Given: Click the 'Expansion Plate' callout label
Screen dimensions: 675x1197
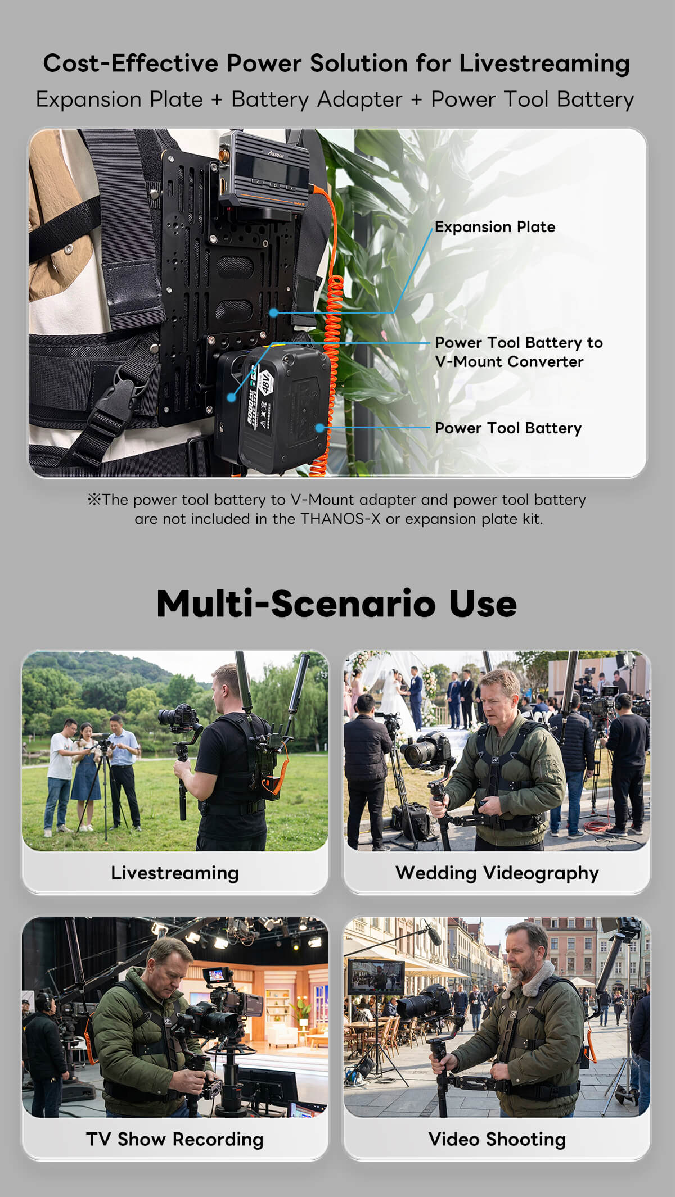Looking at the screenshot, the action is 495,227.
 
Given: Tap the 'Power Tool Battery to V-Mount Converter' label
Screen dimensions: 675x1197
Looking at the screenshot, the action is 519,352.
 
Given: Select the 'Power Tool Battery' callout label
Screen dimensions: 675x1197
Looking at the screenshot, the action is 508,428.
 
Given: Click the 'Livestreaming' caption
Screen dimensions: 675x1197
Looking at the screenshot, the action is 175,873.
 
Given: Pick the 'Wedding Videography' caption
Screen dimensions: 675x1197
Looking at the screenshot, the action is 497,873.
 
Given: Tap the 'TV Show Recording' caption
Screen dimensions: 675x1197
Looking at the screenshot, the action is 175,1139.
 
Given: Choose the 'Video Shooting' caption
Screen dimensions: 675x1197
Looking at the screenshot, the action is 497,1139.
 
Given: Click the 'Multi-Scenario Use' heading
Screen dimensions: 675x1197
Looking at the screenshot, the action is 336,604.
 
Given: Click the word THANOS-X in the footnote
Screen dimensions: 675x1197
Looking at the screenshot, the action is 340,519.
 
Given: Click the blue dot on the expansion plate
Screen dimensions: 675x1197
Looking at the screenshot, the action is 273,312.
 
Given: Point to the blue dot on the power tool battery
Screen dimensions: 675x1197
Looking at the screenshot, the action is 319,428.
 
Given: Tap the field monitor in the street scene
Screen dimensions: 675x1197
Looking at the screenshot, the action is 376,977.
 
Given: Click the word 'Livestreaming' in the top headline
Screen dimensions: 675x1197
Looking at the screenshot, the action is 544,64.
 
